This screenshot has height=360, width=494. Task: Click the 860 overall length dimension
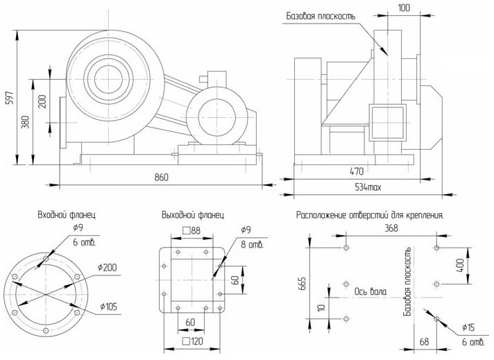(161, 178)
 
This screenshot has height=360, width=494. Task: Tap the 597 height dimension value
(9, 98)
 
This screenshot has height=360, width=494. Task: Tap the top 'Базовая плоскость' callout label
(321, 16)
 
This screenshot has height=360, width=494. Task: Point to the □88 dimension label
(191, 230)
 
